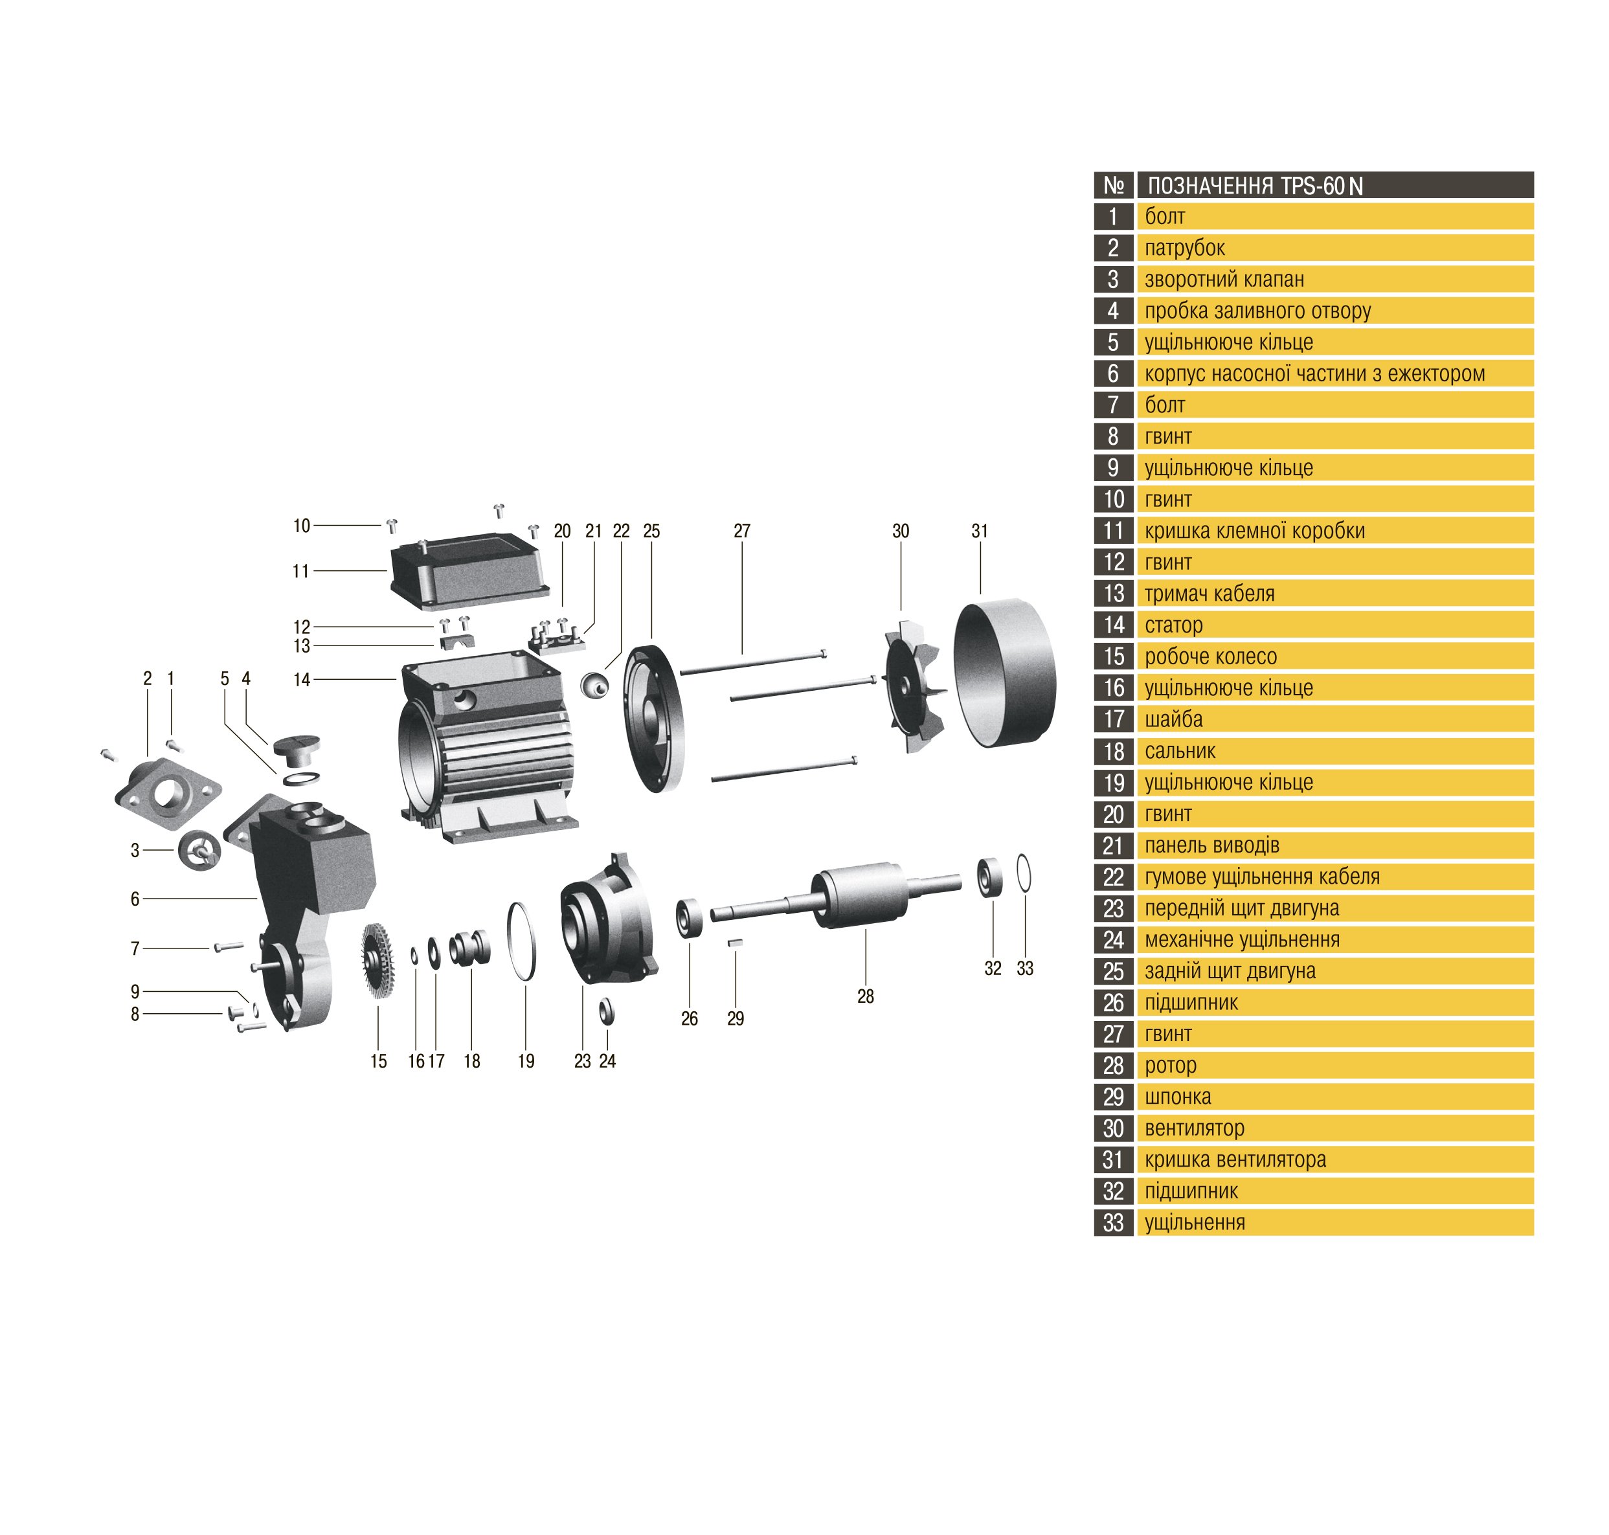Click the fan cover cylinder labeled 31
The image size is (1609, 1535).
pos(1004,673)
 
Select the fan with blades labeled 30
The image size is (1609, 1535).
pos(914,686)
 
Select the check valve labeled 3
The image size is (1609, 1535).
pos(199,850)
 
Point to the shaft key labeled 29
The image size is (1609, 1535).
pos(736,943)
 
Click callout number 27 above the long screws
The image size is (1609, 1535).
pos(741,531)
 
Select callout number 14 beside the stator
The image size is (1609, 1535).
pos(302,679)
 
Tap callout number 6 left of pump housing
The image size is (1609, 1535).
pos(135,899)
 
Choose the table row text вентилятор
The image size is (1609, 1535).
pos(1194,1128)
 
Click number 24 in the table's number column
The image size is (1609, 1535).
pos(1113,939)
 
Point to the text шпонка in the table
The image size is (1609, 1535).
pos(1178,1097)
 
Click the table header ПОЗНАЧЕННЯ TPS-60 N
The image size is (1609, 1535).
pos(1255,186)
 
